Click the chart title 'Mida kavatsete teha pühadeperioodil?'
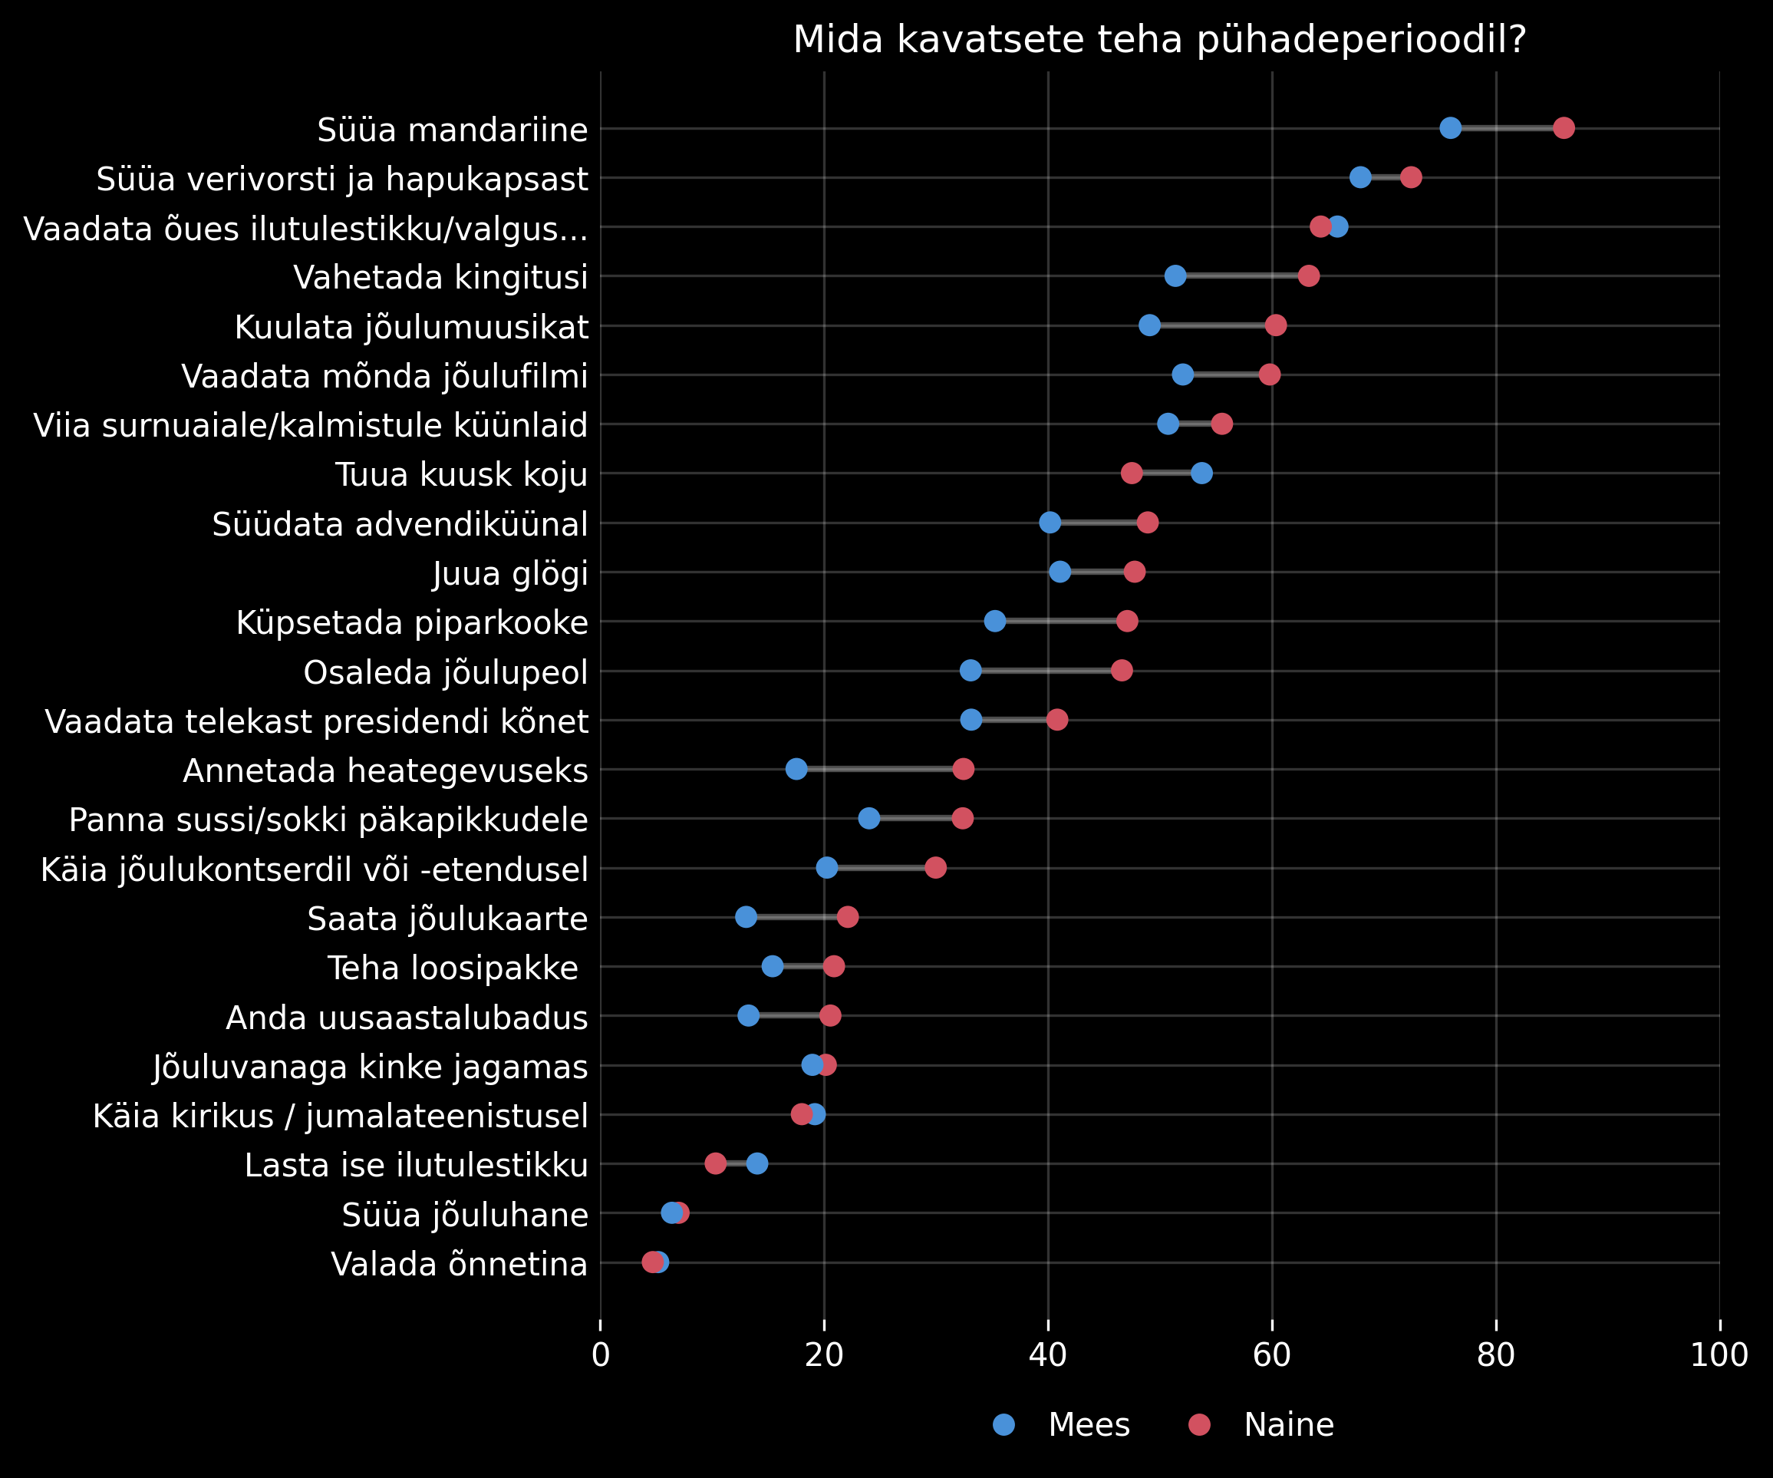pos(1159,40)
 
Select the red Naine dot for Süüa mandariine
pos(1564,128)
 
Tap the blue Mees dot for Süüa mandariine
pos(1451,128)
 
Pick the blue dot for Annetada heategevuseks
pos(796,770)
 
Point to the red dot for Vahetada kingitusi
pos(1309,276)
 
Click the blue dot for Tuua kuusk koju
pos(1201,473)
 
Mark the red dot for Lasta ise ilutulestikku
pos(715,1164)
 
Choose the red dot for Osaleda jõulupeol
pos(1121,671)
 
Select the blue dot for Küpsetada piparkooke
pos(994,622)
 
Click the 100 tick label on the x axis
pos(1719,1354)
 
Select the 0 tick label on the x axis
pos(600,1354)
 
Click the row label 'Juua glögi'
pos(510,573)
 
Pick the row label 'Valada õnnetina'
pos(460,1265)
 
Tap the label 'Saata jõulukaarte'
pos(447,919)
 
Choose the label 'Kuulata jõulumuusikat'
pos(411,327)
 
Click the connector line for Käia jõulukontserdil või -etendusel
pos(882,868)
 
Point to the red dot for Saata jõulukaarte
pos(848,917)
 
